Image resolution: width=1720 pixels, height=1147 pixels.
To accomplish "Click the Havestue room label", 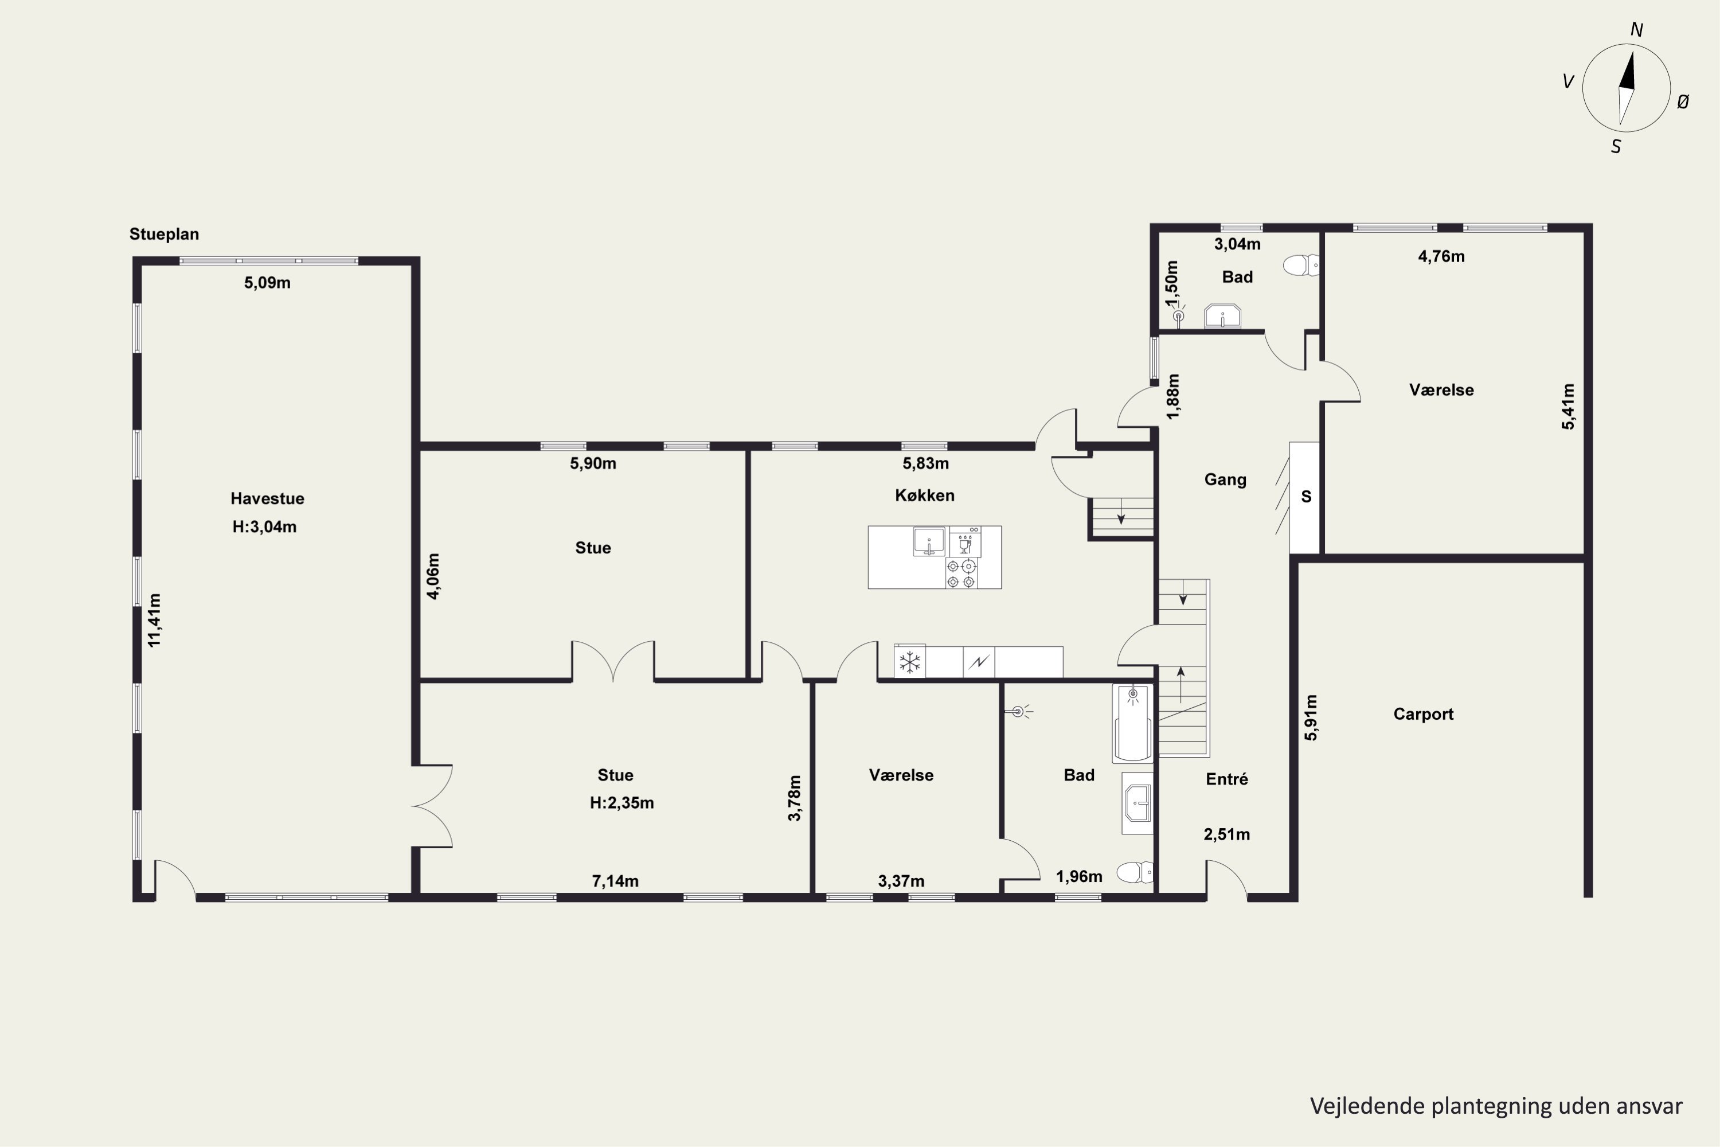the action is coord(267,499).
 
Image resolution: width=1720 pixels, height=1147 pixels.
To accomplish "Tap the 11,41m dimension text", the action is coord(154,619).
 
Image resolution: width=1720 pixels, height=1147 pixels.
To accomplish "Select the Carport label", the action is coord(1423,715).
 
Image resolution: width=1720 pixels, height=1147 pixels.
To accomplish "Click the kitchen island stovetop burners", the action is coord(961,573).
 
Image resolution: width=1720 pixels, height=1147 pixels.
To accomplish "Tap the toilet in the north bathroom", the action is coord(1301,265).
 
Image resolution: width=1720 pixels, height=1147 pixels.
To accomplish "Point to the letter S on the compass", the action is coord(1616,147).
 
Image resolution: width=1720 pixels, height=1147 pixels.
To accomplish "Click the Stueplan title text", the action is coord(164,234).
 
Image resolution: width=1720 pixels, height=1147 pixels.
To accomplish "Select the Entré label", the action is coord(1226,779).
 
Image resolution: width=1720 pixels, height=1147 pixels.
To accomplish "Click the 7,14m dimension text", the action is coord(615,881).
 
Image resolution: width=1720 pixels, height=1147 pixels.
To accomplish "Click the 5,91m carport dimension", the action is coord(1311,717).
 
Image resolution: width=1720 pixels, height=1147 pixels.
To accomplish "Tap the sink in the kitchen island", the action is coord(929,541).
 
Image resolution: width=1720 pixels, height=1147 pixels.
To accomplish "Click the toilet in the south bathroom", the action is coord(1134,873).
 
